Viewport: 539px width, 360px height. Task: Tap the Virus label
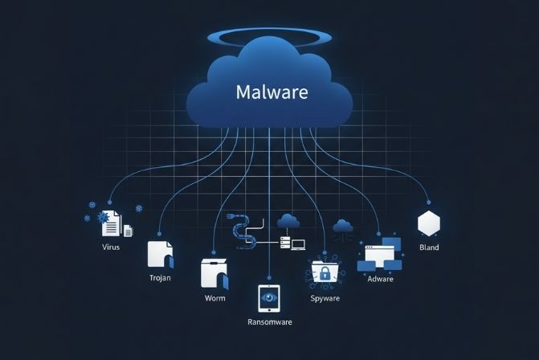(x=111, y=247)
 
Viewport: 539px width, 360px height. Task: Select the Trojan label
(x=161, y=277)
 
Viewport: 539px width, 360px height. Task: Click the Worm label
(x=215, y=298)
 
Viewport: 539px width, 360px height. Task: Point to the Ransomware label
(x=269, y=321)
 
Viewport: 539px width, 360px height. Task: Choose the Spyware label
(x=325, y=298)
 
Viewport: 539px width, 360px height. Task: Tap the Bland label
(x=429, y=247)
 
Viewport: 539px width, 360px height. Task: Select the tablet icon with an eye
(x=268, y=297)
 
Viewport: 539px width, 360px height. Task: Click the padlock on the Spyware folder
(x=325, y=274)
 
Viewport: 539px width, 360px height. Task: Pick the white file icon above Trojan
(x=160, y=253)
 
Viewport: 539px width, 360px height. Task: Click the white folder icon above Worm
(x=214, y=275)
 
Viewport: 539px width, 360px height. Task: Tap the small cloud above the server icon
(x=288, y=220)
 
